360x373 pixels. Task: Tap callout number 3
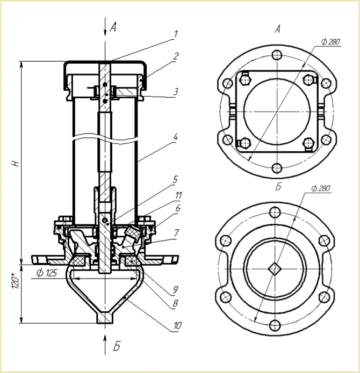point(175,92)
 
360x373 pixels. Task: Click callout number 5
point(175,179)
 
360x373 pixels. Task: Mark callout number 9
point(175,291)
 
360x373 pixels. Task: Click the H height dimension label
point(17,163)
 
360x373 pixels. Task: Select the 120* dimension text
point(17,280)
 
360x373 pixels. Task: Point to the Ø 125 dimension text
point(47,273)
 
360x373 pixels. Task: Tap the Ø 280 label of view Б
point(320,188)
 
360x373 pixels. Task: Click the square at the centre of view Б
point(275,267)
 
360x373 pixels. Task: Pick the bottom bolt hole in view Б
point(275,324)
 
